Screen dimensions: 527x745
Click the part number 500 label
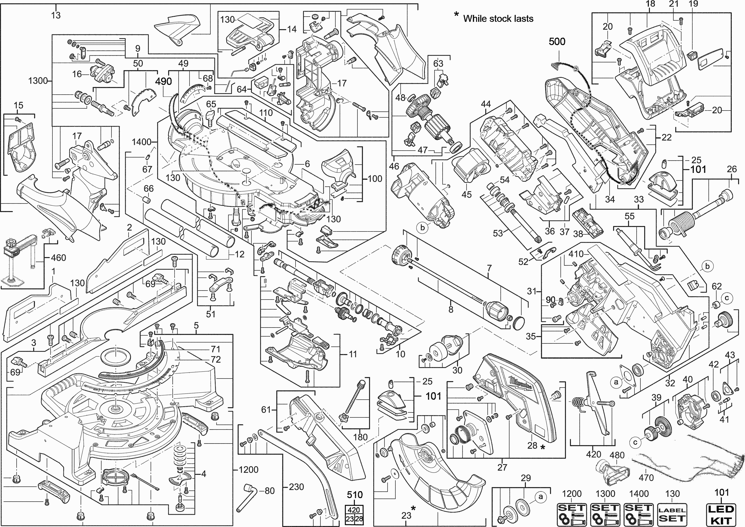click(x=557, y=41)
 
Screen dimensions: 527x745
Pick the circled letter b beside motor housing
click(x=422, y=228)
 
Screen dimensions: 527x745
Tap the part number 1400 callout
click(x=142, y=142)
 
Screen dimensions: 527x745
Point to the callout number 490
click(x=163, y=81)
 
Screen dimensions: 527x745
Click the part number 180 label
click(x=360, y=437)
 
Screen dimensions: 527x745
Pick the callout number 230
click(x=296, y=487)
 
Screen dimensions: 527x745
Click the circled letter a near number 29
click(x=540, y=496)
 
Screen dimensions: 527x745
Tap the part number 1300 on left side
click(x=38, y=80)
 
